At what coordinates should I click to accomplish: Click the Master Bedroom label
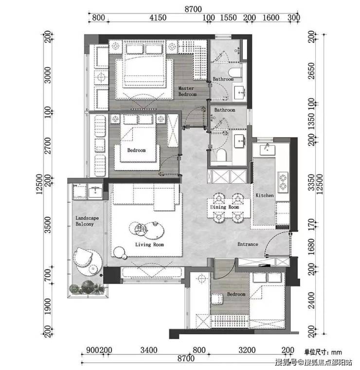[187, 91]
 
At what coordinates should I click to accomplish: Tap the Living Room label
[149, 245]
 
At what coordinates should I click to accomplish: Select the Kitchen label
[265, 195]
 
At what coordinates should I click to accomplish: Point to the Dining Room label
[224, 207]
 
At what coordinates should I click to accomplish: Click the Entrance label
[248, 244]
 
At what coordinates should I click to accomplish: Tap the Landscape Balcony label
[87, 221]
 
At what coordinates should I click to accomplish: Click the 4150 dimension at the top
[158, 18]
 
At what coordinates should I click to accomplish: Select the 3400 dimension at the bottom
[149, 350]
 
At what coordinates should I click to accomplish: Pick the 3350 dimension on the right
[311, 182]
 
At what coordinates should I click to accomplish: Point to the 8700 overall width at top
[193, 9]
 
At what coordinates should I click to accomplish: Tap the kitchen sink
[268, 150]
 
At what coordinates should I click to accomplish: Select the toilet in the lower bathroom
[221, 155]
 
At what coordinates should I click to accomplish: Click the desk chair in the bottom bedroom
[216, 299]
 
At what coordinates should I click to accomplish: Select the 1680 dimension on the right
[311, 247]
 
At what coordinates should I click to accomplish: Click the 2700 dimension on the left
[48, 145]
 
